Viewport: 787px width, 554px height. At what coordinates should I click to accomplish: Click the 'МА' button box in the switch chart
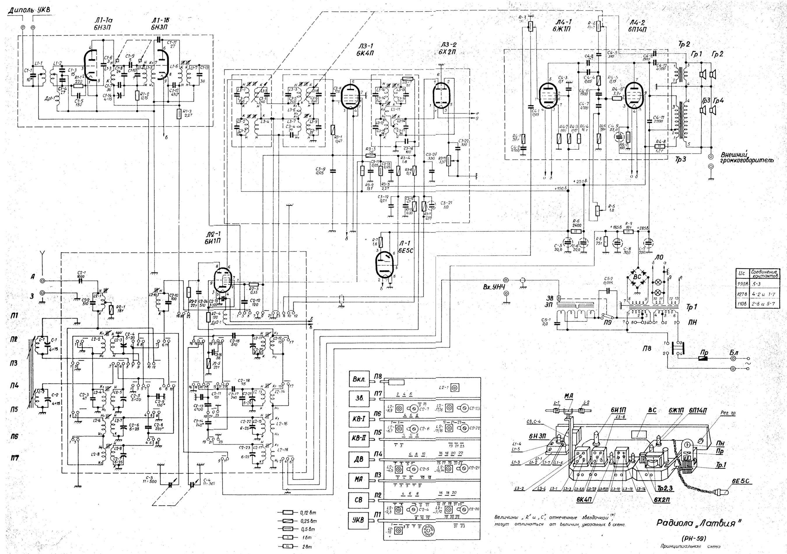pos(359,478)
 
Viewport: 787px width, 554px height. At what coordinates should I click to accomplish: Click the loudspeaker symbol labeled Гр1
pos(702,74)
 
